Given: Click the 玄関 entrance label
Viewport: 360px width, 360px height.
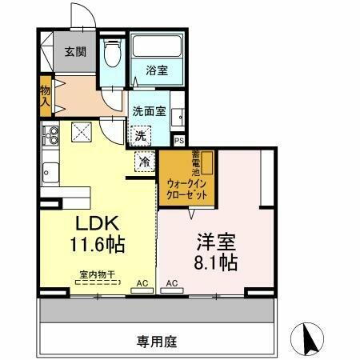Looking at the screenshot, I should (x=76, y=52).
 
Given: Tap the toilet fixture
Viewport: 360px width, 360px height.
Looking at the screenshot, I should (x=113, y=53).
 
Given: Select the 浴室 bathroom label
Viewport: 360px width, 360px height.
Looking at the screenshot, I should (x=157, y=71).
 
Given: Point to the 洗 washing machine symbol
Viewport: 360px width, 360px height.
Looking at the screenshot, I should (x=142, y=135).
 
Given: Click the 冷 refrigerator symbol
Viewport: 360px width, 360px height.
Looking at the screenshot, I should (x=145, y=162).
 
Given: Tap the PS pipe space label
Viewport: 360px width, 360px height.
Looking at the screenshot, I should (x=179, y=141).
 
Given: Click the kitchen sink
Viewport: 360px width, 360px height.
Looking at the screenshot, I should (x=51, y=171).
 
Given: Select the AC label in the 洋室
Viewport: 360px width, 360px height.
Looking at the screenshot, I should (x=172, y=284).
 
